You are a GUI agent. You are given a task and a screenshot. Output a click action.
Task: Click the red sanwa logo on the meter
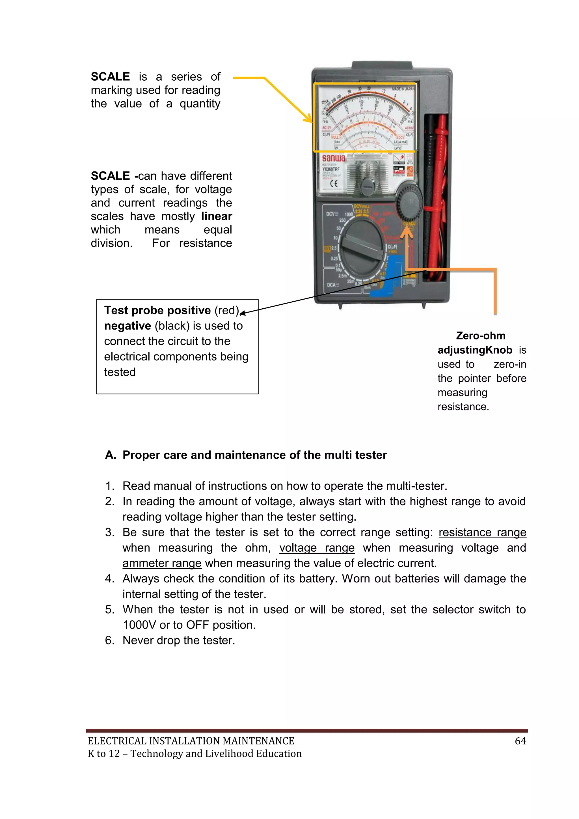pyautogui.click(x=333, y=158)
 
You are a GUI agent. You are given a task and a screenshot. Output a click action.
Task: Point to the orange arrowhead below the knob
pyautogui.click(x=407, y=232)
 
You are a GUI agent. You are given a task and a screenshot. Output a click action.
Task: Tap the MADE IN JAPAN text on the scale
pyautogui.click(x=403, y=89)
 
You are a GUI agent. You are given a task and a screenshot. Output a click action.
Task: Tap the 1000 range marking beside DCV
pyautogui.click(x=348, y=214)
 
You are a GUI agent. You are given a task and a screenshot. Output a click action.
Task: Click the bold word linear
pyautogui.click(x=216, y=216)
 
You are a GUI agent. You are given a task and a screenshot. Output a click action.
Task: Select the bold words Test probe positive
pyautogui.click(x=157, y=310)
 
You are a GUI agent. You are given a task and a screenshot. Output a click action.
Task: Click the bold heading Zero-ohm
pyautogui.click(x=480, y=336)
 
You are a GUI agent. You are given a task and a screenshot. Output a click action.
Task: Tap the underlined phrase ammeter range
pyautogui.click(x=162, y=563)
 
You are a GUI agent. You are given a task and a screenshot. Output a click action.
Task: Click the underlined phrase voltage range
pyautogui.click(x=317, y=547)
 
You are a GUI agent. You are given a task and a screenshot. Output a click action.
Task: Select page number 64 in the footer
pyautogui.click(x=520, y=741)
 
